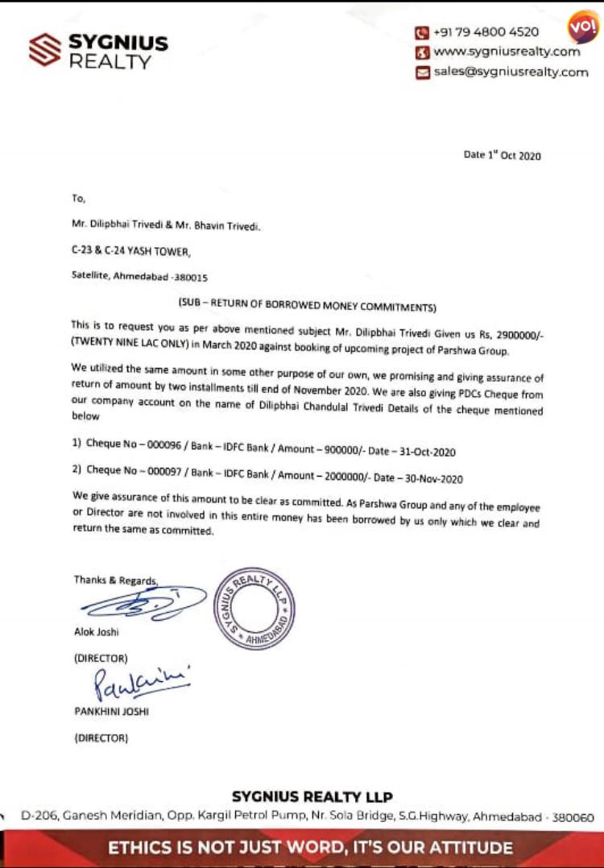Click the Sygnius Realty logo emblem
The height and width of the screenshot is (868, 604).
44,49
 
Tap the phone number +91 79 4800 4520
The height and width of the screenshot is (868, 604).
486,33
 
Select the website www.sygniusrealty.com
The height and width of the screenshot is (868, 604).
507,52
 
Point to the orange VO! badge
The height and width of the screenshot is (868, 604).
583,27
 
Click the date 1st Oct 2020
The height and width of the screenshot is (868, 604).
503,155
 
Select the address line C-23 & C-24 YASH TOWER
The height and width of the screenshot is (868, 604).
130,252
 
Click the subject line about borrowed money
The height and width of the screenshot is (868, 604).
307,306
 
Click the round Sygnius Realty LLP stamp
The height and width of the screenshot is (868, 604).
254,608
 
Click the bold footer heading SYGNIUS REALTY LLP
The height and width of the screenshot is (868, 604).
312,797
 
